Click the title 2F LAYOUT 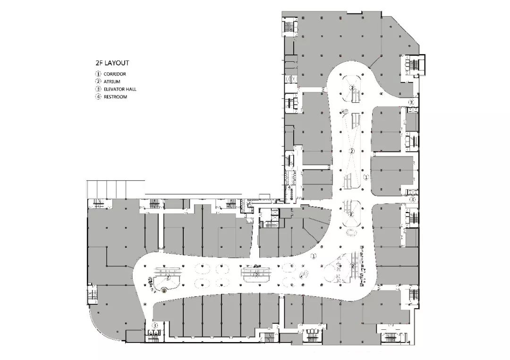[x=112, y=62]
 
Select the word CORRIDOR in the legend [x=115, y=74]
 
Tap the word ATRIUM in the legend [x=112, y=82]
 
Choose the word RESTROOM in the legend [x=115, y=97]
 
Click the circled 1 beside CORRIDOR [x=98, y=74]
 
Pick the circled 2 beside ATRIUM [x=98, y=82]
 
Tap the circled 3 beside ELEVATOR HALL [x=98, y=89]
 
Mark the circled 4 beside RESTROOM [x=98, y=97]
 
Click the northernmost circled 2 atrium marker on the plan [x=352, y=87]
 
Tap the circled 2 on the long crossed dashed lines [x=352, y=151]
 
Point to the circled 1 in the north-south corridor [x=365, y=177]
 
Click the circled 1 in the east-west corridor [x=314, y=255]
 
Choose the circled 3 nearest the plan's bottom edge [x=154, y=326]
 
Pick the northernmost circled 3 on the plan [x=411, y=102]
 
